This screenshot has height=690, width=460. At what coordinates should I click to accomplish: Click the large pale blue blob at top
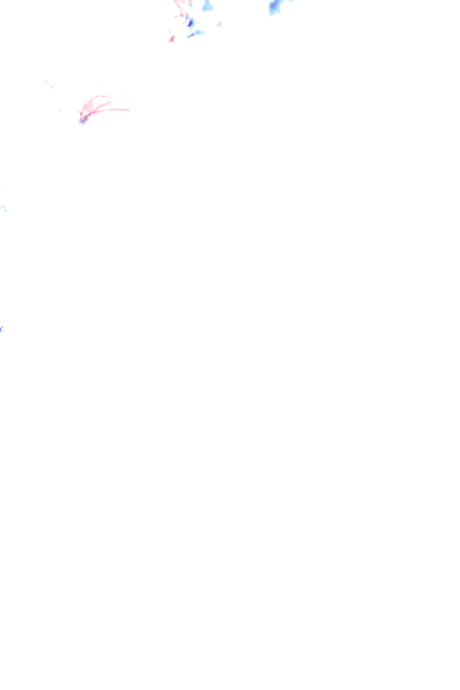pos(208,6)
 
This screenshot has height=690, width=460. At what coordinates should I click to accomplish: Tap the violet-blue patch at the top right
pos(275,7)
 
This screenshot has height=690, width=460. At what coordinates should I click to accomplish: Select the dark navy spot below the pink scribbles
pos(190,22)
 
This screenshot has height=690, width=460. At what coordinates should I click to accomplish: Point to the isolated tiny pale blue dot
pos(219,23)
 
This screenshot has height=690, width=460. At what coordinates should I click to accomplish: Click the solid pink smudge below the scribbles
pos(171,38)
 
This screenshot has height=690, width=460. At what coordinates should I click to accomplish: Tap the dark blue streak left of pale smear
pos(190,36)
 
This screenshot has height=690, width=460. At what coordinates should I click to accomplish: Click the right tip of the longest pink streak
pos(128,111)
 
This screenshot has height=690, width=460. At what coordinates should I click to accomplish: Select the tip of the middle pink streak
pos(111,102)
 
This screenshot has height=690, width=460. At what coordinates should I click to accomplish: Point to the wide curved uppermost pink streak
pos(97,97)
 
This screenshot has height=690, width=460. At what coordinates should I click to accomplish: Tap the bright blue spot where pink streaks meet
pos(83,119)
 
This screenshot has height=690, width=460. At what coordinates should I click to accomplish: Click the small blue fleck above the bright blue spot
pos(81,113)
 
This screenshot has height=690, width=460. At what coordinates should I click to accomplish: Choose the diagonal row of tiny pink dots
pos(49,85)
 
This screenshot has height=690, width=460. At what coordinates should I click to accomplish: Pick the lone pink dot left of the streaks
pos(60,110)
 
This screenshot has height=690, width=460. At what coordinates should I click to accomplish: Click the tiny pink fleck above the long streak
pos(119,91)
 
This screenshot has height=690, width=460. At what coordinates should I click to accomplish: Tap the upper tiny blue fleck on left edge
pos(3,208)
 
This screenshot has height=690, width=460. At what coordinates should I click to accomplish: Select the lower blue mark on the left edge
pos(2,330)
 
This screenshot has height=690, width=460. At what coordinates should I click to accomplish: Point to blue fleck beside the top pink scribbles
pos(190,4)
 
